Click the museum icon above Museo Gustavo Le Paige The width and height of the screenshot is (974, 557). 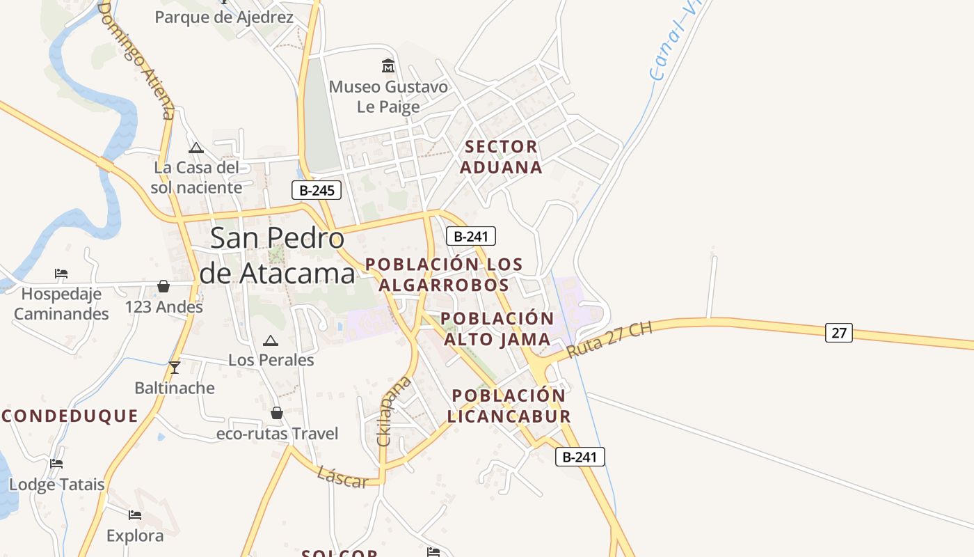[388, 66]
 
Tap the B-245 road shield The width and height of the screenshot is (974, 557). [317, 190]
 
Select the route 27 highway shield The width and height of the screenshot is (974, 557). [838, 333]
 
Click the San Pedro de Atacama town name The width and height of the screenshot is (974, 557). [277, 256]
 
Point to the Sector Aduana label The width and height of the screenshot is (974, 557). [501, 157]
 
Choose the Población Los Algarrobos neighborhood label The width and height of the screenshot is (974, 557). [444, 274]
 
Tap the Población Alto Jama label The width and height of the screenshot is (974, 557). [497, 329]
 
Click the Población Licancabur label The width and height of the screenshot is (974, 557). [509, 406]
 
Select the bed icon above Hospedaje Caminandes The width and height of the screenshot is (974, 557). [61, 274]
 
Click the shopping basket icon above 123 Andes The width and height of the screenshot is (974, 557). [163, 286]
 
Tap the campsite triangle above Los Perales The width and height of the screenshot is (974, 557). [271, 340]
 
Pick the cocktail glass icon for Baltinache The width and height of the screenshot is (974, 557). [174, 367]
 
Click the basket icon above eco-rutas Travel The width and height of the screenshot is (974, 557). [277, 413]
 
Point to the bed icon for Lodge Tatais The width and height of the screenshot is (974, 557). [56, 464]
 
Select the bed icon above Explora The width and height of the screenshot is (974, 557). [135, 515]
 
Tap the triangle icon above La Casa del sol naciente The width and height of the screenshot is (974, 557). [196, 148]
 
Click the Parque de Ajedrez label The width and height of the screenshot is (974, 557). [224, 17]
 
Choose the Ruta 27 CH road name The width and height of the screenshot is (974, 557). [609, 340]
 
